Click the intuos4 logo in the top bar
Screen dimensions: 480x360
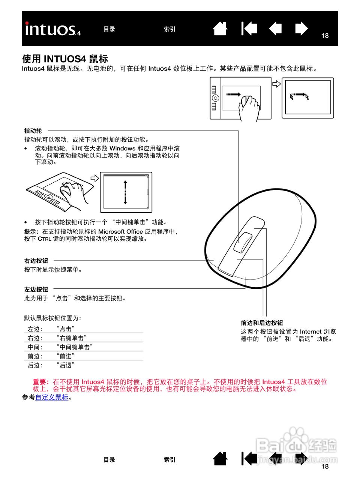tap(53, 29)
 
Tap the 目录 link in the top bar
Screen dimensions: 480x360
tap(109, 29)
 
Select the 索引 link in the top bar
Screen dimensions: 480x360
tap(169, 29)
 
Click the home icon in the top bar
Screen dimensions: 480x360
tap(220, 29)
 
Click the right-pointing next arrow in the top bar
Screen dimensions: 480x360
tap(301, 29)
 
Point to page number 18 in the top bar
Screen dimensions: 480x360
tap(325, 36)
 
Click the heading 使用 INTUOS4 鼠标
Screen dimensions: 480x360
tap(65, 59)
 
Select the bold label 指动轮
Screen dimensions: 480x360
tap(33, 131)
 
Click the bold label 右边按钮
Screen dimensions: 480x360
tap(36, 261)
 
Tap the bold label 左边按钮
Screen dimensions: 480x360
tap(36, 289)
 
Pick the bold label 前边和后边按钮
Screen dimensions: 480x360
tap(262, 323)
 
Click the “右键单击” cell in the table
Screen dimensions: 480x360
tap(72, 338)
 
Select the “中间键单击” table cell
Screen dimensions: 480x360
tap(75, 347)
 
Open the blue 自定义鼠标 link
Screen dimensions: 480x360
tap(52, 397)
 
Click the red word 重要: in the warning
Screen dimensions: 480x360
tap(41, 382)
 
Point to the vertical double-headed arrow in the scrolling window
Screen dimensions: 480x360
tap(125, 192)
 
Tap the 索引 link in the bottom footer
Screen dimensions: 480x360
tap(169, 460)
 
